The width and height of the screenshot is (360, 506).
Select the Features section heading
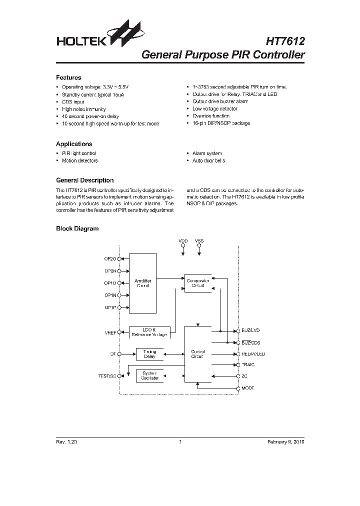[x=68, y=77]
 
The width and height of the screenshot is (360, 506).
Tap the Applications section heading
[x=74, y=144]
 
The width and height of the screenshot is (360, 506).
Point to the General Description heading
[x=84, y=180]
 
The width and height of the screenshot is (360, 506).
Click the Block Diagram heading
[x=77, y=228]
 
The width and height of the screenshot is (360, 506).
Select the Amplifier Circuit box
[x=142, y=283]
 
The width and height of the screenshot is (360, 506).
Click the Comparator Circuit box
[x=198, y=283]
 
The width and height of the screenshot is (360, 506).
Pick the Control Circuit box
[x=198, y=354]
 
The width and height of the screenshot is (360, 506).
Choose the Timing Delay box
[x=149, y=354]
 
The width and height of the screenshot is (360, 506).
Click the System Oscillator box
[x=149, y=375]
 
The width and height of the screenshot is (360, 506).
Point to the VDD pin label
[x=183, y=241]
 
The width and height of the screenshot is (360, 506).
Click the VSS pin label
[x=199, y=241]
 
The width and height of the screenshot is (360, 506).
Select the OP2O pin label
[x=110, y=258]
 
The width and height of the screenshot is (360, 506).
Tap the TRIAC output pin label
[x=249, y=365]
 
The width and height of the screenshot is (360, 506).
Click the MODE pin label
[x=248, y=388]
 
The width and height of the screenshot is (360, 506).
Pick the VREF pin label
[x=110, y=332]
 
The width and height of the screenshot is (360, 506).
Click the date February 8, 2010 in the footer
[x=285, y=442]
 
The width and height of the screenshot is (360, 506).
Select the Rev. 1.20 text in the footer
[x=66, y=442]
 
